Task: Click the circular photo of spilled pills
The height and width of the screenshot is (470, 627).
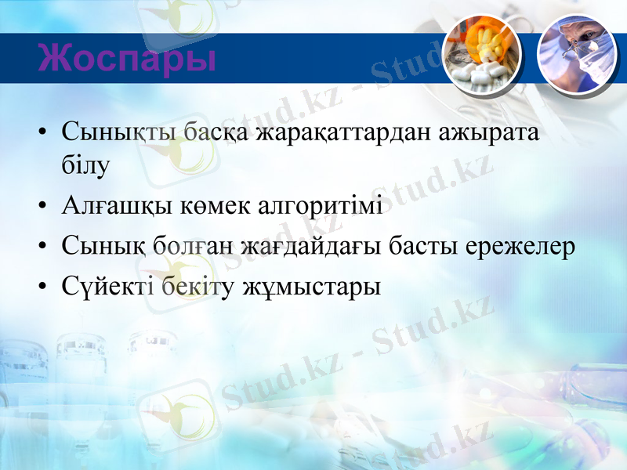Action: (481, 53)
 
